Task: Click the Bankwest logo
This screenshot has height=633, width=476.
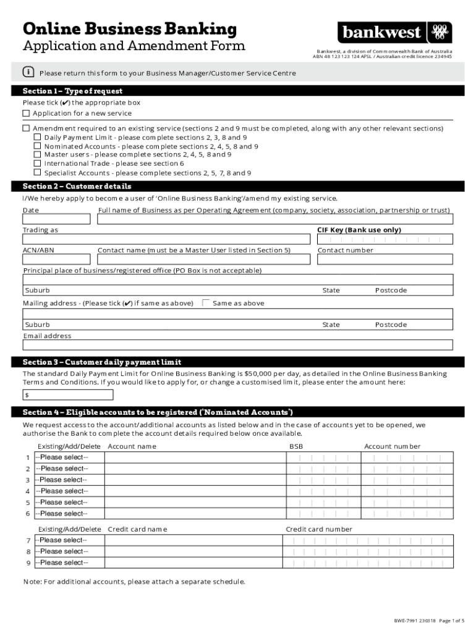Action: point(394,32)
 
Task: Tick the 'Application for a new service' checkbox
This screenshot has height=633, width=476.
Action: point(26,114)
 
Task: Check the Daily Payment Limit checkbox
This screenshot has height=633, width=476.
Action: point(38,137)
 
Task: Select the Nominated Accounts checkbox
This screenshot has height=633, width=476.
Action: point(38,147)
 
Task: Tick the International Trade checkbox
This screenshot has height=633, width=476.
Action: point(38,164)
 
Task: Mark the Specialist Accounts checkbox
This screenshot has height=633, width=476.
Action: point(38,173)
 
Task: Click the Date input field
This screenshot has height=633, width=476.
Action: point(56,219)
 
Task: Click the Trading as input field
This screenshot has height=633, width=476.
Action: point(167,240)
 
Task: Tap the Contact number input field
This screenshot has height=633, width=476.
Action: point(385,260)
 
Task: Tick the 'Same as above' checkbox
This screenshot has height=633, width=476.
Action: point(206,303)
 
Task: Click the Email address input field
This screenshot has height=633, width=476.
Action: point(238,345)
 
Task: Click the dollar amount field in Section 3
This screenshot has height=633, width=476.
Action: point(238,394)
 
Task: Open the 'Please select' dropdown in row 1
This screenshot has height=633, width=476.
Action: point(69,457)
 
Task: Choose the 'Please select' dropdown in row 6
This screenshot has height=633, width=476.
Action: point(69,514)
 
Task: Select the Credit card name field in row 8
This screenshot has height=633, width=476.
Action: point(193,551)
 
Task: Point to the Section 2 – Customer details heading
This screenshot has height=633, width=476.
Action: point(77,186)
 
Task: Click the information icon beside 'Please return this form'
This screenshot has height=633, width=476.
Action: point(28,72)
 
